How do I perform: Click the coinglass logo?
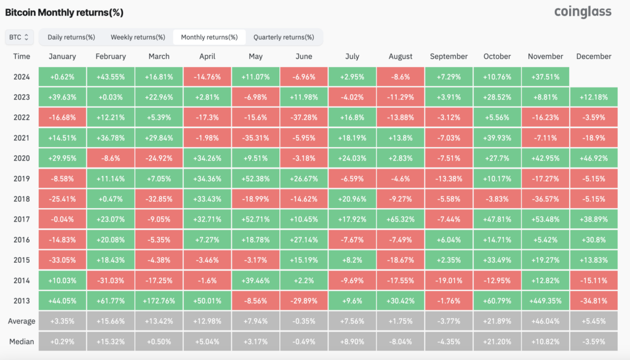point(583,12)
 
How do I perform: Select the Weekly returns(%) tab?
point(138,37)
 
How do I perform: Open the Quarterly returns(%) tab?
point(284,37)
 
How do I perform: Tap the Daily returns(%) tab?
point(71,37)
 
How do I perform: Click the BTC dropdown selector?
point(19,37)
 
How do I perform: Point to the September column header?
point(449,56)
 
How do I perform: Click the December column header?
point(594,56)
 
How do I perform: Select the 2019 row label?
point(22,178)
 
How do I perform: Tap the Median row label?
point(22,342)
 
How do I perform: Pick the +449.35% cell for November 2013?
point(545,301)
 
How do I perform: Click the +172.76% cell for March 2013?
point(159,301)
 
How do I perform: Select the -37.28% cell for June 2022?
point(304,118)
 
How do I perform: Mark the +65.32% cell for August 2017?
point(400,219)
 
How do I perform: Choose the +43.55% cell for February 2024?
point(111,77)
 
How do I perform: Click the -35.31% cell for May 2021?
point(255,138)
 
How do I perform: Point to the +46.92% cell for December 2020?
point(594,158)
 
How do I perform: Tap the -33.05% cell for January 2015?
point(62,260)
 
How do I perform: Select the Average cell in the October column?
point(497,321)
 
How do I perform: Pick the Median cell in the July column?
point(352,342)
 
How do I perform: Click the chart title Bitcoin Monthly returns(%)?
point(64,12)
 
